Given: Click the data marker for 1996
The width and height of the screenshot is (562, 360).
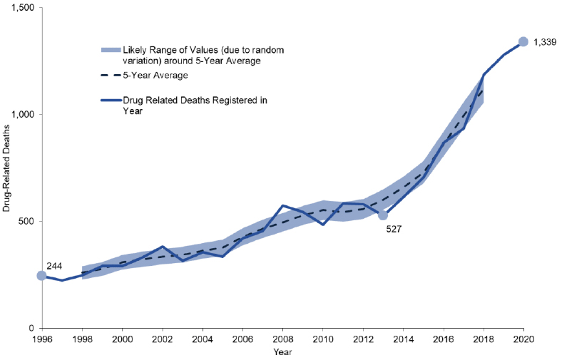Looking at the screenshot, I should point(41,276).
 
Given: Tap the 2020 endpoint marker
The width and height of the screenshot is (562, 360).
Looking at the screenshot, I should point(523,42).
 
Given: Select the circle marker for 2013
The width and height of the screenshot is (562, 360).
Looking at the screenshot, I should point(383,215).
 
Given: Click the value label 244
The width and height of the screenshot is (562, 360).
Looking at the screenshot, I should point(55,266).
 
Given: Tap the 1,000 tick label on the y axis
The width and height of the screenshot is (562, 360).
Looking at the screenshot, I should point(24,115).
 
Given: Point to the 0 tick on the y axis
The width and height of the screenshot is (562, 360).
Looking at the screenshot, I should point(33,328).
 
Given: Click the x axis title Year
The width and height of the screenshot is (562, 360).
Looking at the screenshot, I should point(282,351).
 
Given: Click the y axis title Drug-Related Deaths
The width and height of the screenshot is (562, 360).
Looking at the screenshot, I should point(9,168).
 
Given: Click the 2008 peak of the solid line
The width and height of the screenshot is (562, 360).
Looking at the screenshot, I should point(282,205).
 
